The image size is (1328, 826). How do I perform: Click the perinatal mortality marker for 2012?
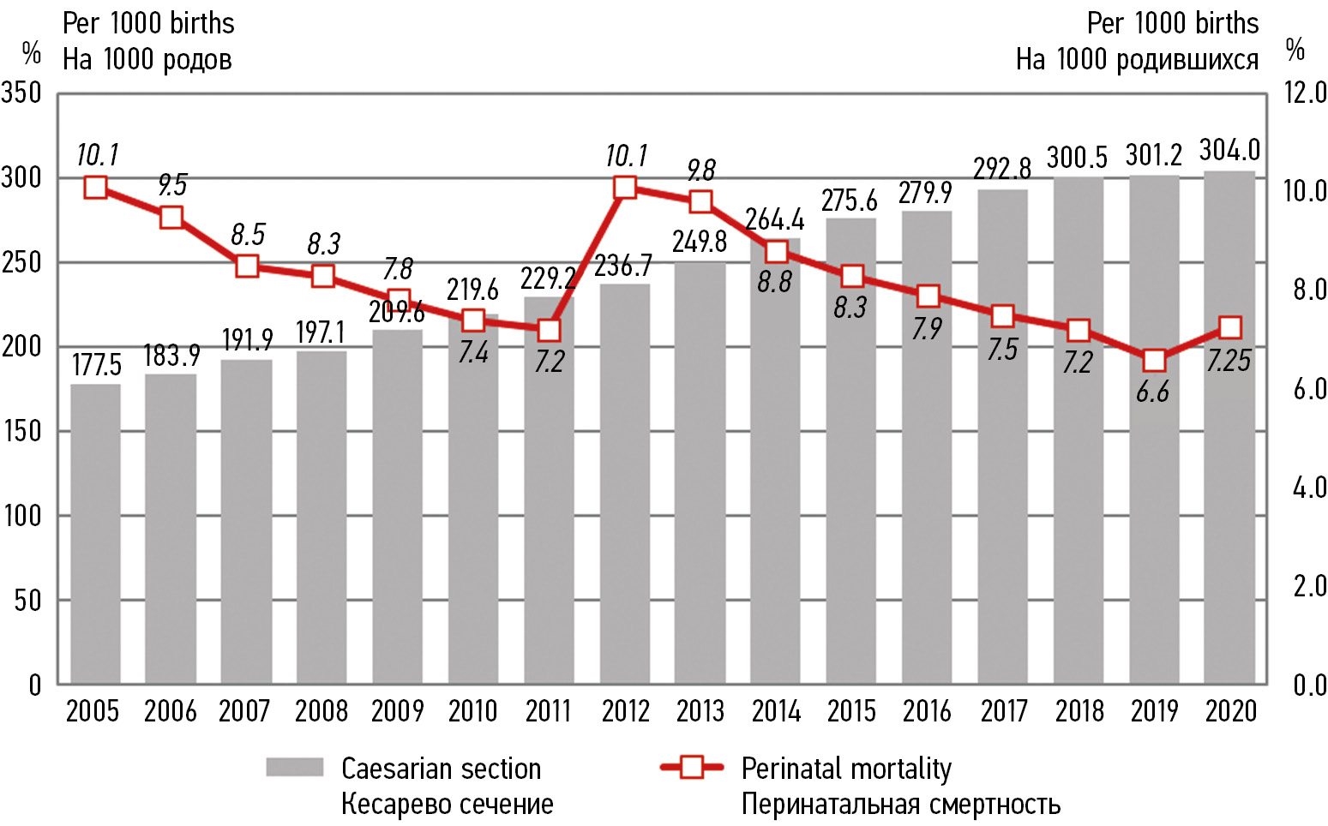[625, 188]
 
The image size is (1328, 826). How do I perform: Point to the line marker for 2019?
[1154, 360]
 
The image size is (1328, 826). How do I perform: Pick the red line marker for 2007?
[247, 266]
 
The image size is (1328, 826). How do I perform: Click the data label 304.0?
[1229, 151]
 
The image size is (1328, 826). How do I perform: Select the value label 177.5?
[96, 366]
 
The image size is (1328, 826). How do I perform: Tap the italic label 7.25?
[1229, 361]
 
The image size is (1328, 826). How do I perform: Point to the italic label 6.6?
[1153, 392]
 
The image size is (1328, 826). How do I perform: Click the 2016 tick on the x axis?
[927, 711]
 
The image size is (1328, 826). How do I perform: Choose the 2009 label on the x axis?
[397, 711]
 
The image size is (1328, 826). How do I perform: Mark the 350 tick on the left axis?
[22, 93]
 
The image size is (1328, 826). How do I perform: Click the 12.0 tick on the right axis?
[1305, 93]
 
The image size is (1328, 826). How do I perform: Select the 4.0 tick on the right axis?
[1308, 488]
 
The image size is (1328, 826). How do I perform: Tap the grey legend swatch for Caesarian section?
[294, 767]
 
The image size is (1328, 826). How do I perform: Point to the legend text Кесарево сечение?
[447, 805]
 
